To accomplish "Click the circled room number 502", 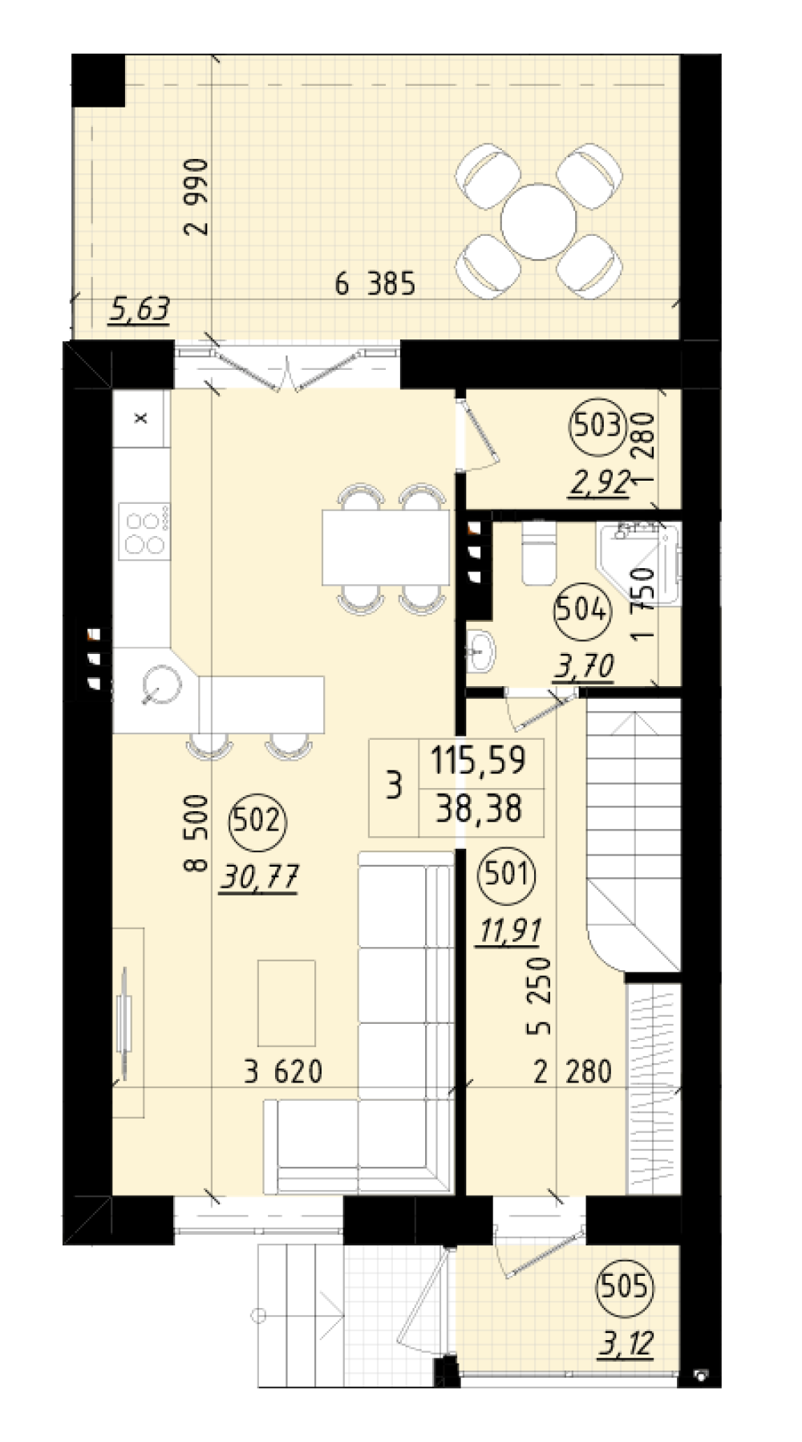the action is tap(257, 820).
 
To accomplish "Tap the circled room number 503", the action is tap(598, 424).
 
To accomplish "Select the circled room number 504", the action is tap(581, 611).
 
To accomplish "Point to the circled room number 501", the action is tap(506, 872).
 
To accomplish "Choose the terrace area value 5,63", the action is tap(140, 308).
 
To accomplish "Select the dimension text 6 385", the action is tap(375, 284).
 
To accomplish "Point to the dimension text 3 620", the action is tap(283, 1071).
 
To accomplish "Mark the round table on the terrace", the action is tap(538, 221).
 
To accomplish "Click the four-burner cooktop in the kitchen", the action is tap(144, 530).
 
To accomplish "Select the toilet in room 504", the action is tap(537, 553).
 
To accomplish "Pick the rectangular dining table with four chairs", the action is tap(386, 548).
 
